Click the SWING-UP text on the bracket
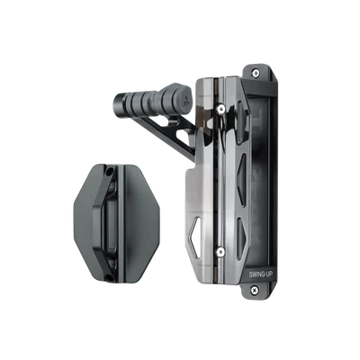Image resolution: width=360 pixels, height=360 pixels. (x=261, y=274)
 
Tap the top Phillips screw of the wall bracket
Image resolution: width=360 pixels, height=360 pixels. (x=256, y=73)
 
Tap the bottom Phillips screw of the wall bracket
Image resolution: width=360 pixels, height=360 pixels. (x=255, y=290)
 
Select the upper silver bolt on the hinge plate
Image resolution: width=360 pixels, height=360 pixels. (x=221, y=108)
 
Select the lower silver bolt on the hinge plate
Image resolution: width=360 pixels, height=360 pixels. (x=220, y=252)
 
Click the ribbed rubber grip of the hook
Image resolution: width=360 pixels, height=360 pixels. (x=147, y=102)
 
